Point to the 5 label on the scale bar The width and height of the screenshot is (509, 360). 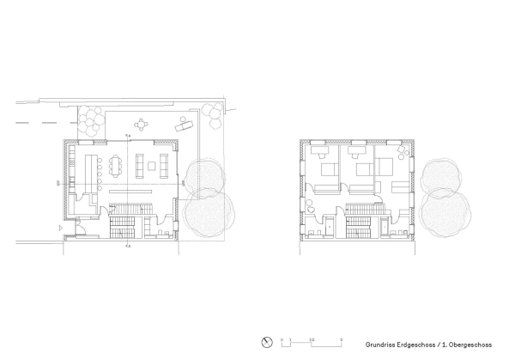[341, 338]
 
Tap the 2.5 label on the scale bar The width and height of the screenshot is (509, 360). [312, 338]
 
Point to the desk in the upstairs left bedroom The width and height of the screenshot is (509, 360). [318, 149]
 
